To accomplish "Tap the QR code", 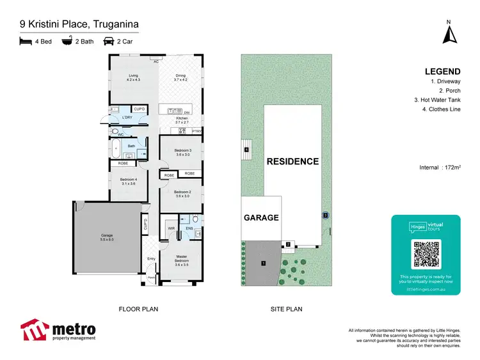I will pyautogui.click(x=426, y=254).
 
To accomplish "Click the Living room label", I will pyautogui.click(x=132, y=78).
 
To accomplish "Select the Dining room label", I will pyautogui.click(x=181, y=78).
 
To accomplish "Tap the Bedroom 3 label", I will pyautogui.click(x=183, y=152).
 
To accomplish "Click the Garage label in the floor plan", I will pyautogui.click(x=106, y=237).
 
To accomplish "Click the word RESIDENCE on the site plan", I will pyautogui.click(x=293, y=161).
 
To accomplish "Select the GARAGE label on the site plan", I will pyautogui.click(x=261, y=217).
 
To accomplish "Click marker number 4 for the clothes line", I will pyautogui.click(x=246, y=150).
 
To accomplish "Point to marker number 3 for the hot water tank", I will pyautogui.click(x=325, y=215).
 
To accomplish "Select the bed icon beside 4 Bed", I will pyautogui.click(x=25, y=42).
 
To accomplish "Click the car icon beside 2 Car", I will pyautogui.click(x=108, y=42).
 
